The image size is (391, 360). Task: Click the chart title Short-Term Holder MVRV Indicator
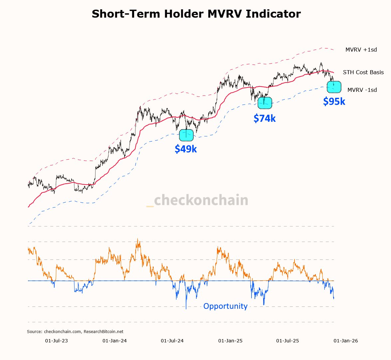[196, 14]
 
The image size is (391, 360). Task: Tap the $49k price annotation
[186, 149]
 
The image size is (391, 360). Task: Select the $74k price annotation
[265, 118]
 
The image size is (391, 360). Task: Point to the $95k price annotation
[334, 101]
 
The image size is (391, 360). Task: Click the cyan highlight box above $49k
[186, 135]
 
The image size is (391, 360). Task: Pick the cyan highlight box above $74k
[265, 103]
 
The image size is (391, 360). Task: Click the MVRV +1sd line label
[361, 50]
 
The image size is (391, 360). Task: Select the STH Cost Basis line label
[363, 72]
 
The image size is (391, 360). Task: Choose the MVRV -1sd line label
[362, 90]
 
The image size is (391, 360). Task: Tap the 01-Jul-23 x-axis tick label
[56, 341]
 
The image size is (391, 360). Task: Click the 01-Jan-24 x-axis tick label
[114, 341]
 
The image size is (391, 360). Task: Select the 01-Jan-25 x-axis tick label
[230, 341]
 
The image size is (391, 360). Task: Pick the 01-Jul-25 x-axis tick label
[288, 341]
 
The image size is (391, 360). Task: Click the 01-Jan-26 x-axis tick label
[346, 341]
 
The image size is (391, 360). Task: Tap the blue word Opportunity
[225, 306]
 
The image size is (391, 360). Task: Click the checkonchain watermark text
[201, 200]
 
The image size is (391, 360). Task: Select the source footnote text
[75, 332]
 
